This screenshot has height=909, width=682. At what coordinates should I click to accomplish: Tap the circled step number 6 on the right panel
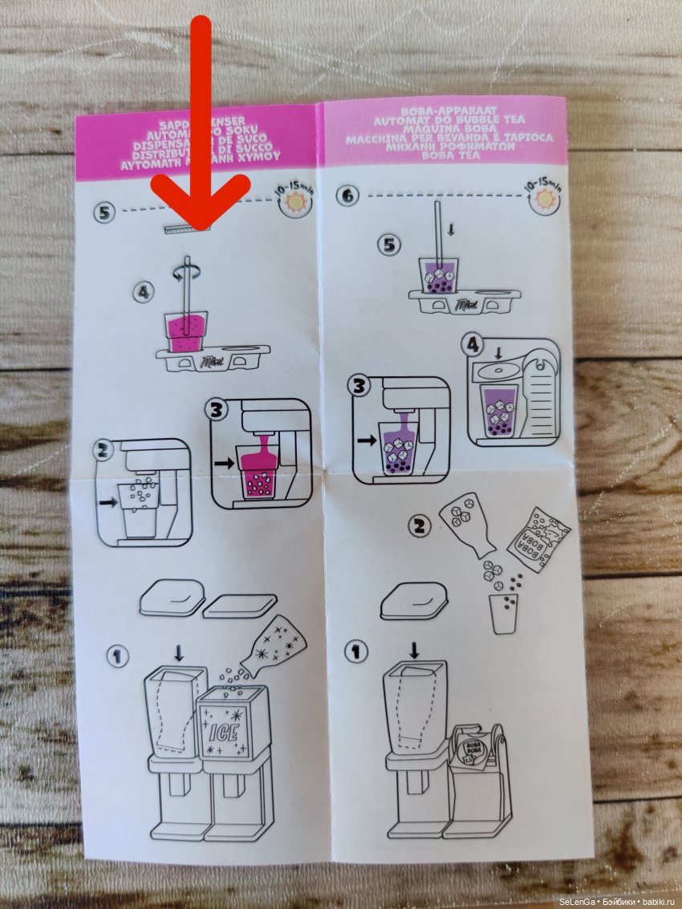pos(347,195)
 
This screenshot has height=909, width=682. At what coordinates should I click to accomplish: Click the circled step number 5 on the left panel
pos(104,213)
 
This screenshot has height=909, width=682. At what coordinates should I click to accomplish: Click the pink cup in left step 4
pos(186,331)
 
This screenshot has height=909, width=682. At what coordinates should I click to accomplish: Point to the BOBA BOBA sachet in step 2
pos(538,539)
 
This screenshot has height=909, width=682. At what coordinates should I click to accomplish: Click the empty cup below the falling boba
pos(503,613)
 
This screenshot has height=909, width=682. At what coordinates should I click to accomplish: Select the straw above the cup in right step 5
pos(439,229)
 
